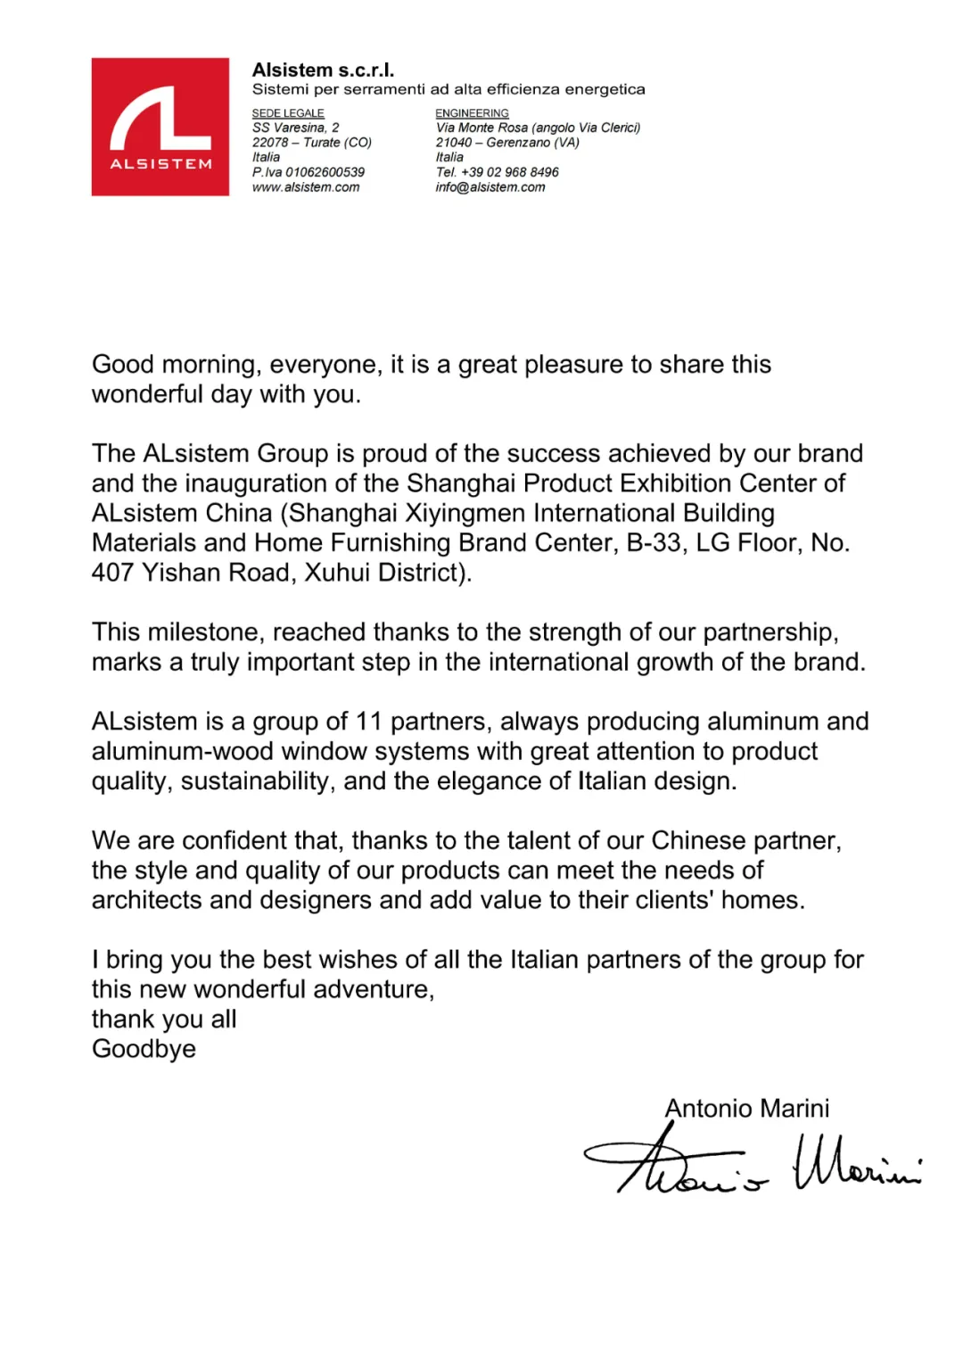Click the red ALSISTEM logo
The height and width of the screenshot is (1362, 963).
click(160, 127)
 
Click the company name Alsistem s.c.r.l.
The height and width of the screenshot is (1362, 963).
click(323, 70)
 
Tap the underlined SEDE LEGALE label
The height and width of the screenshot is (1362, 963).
click(288, 113)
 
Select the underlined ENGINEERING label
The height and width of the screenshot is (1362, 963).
click(472, 113)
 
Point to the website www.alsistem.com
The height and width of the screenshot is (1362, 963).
click(306, 187)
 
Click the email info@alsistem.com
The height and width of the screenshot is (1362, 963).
click(490, 187)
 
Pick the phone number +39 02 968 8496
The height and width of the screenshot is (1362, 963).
click(510, 172)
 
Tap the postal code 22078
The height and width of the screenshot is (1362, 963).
click(270, 143)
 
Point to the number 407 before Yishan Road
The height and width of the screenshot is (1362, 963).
click(113, 573)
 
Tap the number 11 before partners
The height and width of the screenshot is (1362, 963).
click(368, 722)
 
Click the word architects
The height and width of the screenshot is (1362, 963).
click(147, 900)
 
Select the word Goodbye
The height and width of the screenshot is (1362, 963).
click(144, 1049)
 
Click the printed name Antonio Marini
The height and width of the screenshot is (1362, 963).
click(747, 1109)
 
